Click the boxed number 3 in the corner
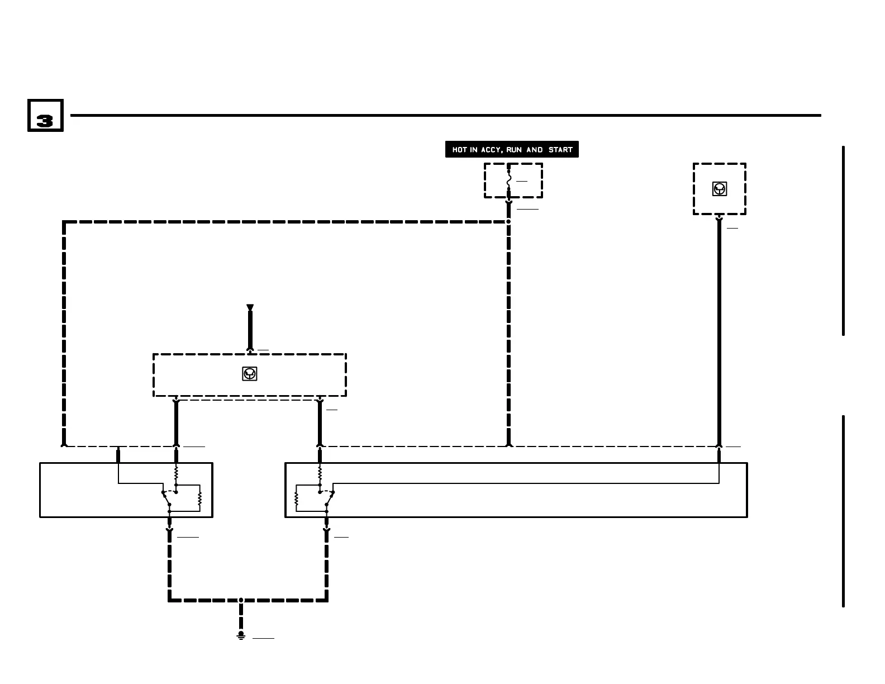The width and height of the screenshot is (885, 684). (x=45, y=116)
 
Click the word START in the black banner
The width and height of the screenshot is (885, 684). (x=560, y=150)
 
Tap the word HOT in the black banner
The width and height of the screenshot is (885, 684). (x=459, y=150)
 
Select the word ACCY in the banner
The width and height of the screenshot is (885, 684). (x=492, y=150)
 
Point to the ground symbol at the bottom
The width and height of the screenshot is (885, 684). (x=241, y=636)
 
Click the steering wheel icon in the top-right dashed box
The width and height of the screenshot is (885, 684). (x=720, y=189)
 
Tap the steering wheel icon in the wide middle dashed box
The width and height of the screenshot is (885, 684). (x=249, y=374)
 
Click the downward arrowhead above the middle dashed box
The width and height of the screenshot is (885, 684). (x=250, y=308)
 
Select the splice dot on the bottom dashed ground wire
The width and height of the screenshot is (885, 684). (x=241, y=600)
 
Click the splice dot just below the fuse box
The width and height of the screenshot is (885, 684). (x=508, y=221)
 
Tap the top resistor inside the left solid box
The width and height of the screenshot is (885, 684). (x=176, y=473)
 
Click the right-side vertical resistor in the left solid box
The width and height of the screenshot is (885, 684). (x=199, y=498)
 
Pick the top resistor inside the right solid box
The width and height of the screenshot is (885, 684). (x=320, y=473)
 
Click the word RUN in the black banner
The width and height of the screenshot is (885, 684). (x=514, y=150)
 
